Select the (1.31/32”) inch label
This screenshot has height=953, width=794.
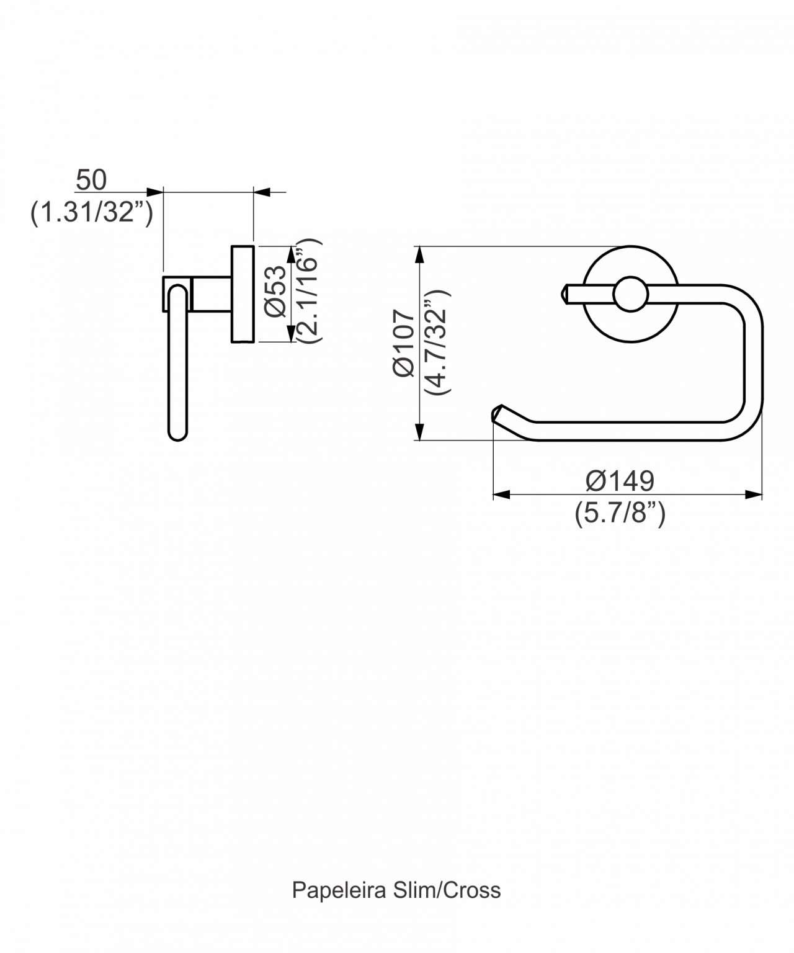coord(92,212)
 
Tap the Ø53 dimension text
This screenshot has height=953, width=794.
coord(275,291)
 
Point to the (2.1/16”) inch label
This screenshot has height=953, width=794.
coord(310,291)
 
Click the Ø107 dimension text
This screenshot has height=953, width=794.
coord(403,342)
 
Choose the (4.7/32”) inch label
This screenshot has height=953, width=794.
coord(437,342)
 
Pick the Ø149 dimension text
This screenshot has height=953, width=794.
coord(620,481)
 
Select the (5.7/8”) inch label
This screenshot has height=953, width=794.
coord(620,513)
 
